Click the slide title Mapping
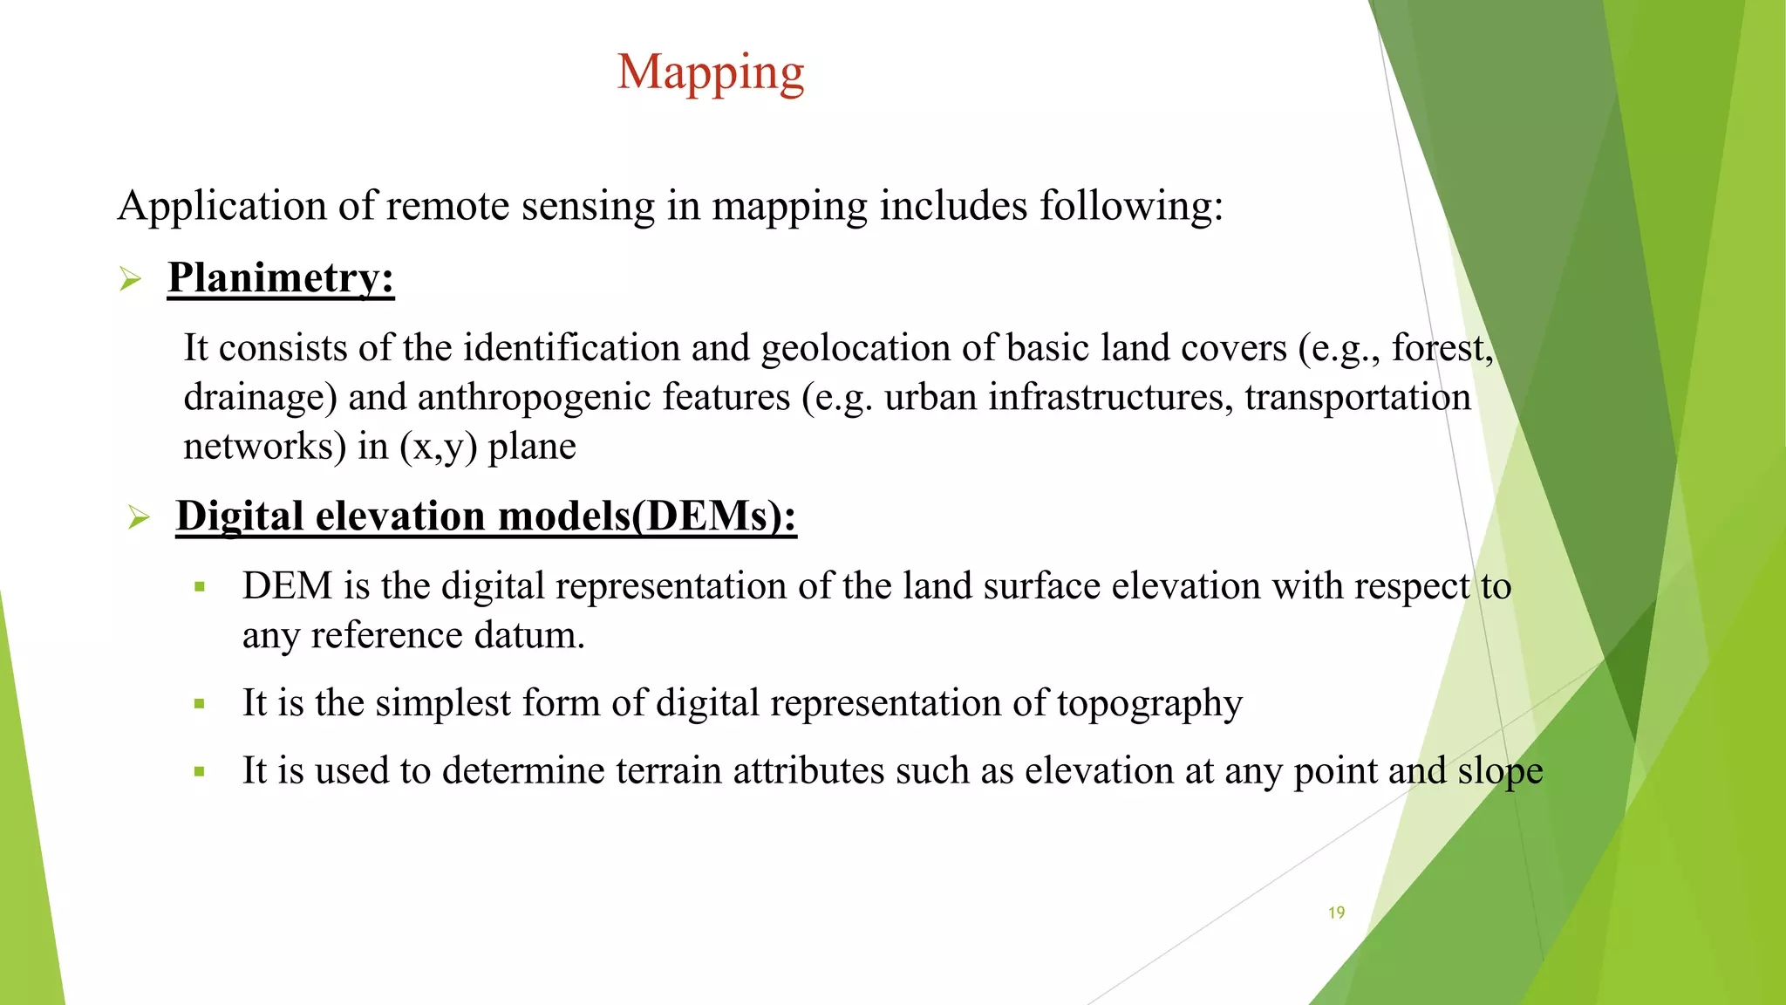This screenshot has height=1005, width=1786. pos(711,73)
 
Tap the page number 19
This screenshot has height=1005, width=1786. pos(1336,913)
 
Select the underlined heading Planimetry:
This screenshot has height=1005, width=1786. pos(281,278)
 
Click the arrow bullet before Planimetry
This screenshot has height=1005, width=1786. pos(131,280)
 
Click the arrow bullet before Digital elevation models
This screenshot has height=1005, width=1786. pos(139,517)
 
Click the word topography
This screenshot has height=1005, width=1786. pos(1149,703)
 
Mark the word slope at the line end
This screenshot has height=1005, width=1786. pos(1500,771)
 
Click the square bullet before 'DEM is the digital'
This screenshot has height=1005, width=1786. pos(200,587)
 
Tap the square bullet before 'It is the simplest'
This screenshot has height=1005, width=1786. pos(200,704)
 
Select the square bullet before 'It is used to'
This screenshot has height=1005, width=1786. pos(200,772)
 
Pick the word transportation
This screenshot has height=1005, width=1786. pos(1357,398)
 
